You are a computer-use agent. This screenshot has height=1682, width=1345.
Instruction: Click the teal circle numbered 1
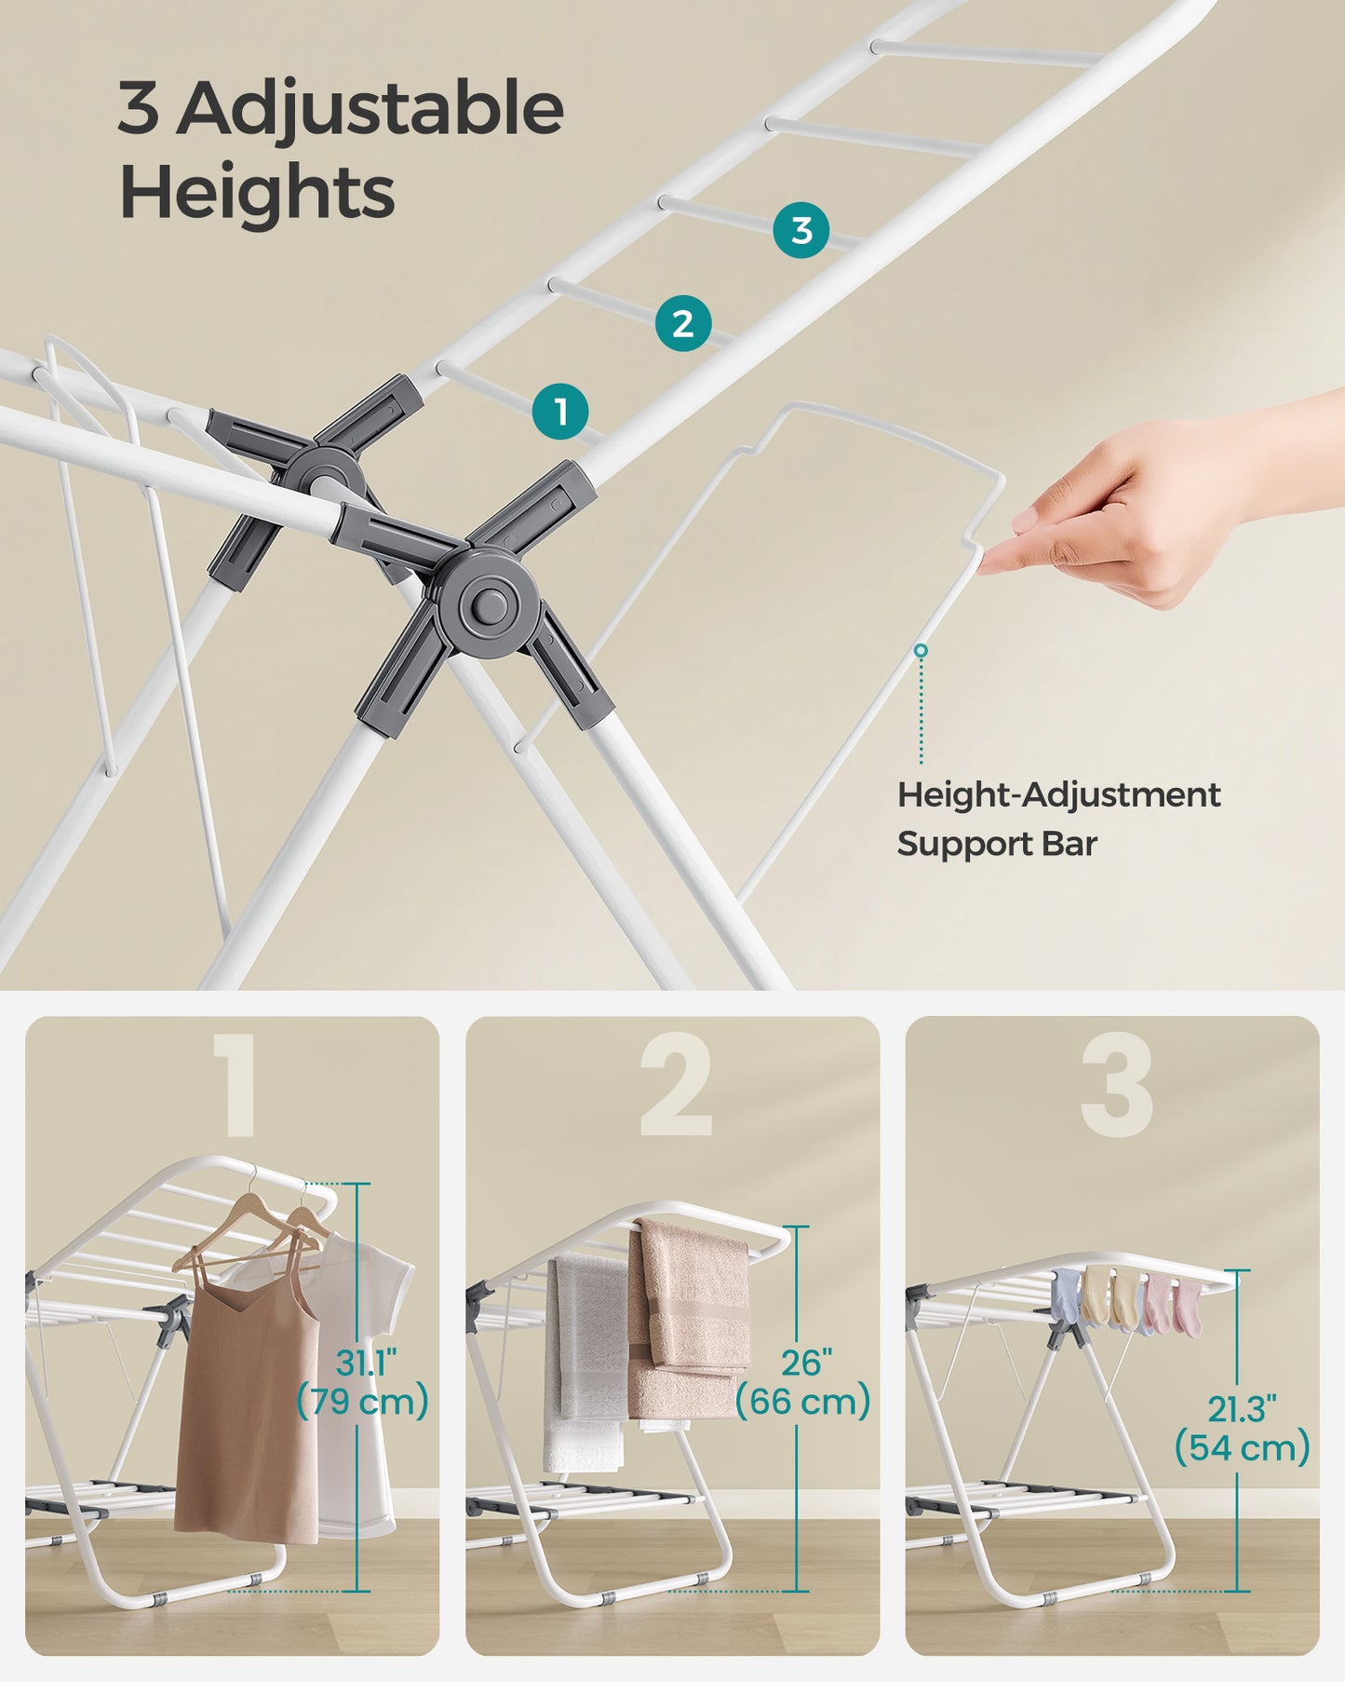pyautogui.click(x=560, y=411)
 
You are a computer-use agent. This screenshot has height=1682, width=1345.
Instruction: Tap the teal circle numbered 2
pyautogui.click(x=682, y=323)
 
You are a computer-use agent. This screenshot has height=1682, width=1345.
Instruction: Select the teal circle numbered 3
pyautogui.click(x=801, y=230)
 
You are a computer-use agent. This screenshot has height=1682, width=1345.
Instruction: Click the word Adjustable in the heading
pyautogui.click(x=370, y=110)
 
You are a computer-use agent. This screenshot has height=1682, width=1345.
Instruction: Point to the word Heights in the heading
pyautogui.click(x=257, y=192)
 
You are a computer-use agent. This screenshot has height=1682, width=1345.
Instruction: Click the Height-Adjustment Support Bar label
pyautogui.click(x=1057, y=819)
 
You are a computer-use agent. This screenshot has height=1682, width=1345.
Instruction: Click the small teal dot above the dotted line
pyautogui.click(x=921, y=650)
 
